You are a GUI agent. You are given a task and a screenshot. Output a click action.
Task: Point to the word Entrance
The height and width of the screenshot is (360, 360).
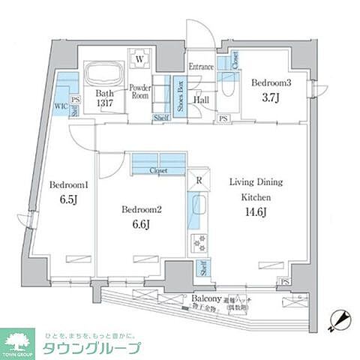[x=201, y=67]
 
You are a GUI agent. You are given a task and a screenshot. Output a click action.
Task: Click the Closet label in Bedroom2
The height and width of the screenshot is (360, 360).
[x=158, y=171]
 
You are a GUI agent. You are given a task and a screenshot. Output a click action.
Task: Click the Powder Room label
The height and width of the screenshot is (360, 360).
[x=140, y=91]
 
